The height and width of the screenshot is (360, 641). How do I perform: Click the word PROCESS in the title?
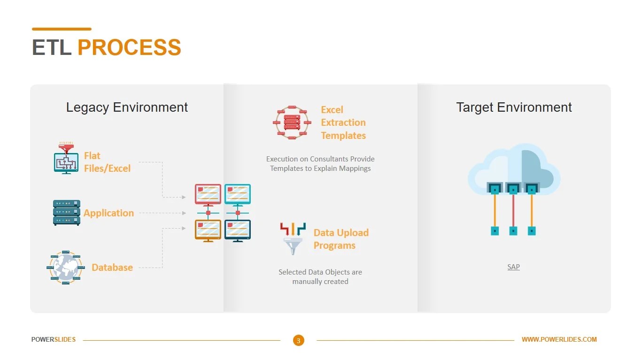pos(129,48)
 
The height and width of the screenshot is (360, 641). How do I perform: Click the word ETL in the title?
pos(51,48)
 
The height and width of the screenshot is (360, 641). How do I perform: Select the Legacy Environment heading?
pos(127,107)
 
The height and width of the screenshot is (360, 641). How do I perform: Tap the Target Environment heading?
pos(514,107)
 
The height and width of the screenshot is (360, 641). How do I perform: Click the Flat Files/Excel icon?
pos(66,158)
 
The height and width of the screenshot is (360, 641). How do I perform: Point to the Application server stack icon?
pos(66,213)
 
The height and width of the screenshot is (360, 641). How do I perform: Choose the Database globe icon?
pos(65,268)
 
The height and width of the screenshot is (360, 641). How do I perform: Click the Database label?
pos(112,268)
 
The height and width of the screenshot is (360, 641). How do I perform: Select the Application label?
pos(109,213)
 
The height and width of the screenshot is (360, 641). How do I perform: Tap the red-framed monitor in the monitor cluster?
pos(208,194)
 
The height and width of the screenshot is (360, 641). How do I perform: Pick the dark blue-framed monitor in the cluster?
pos(238,230)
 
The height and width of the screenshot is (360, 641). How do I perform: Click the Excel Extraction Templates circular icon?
pos(292,123)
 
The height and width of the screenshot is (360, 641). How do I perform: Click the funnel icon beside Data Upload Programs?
pos(293,239)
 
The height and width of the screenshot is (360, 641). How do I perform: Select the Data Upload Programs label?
pos(341,239)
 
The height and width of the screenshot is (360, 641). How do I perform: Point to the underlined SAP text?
pos(513,267)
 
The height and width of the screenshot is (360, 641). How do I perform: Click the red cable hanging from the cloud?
pos(513,211)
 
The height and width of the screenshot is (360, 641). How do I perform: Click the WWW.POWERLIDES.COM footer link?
pos(559,339)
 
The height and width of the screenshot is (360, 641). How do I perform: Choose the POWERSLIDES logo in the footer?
pos(54,339)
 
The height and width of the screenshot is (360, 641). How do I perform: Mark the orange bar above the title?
pos(62,29)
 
